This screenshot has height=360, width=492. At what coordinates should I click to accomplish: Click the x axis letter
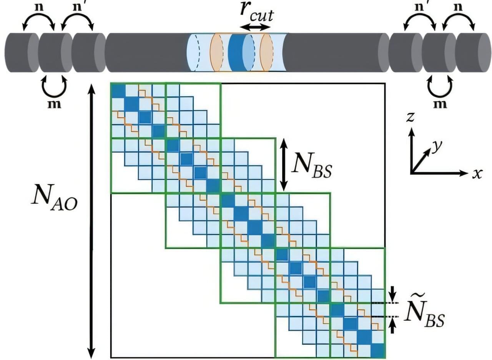477,174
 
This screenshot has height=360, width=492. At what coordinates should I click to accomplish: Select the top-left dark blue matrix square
118,90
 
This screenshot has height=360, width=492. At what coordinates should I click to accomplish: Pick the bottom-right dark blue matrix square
378,350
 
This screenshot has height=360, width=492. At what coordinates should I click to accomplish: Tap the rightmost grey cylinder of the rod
472,52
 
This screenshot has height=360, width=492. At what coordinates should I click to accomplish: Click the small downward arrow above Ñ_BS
392,294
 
